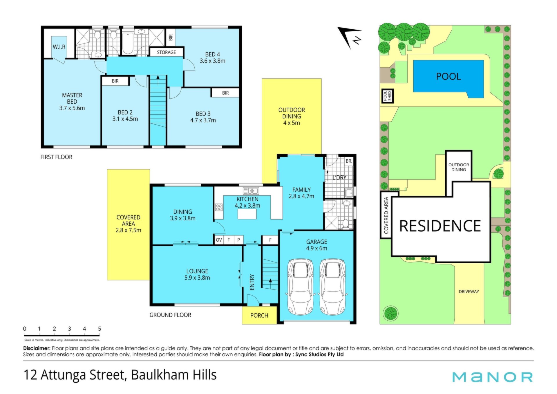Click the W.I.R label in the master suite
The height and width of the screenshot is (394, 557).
pos(59,47)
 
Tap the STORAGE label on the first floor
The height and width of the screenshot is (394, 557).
pos(166,52)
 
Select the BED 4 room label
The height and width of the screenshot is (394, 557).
pos(212,57)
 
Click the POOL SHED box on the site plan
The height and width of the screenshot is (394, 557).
pos(387,96)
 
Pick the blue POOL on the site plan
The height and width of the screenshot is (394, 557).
pos(448,79)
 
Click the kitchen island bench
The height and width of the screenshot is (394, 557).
pos(247,214)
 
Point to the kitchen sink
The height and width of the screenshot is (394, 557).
pos(251,191)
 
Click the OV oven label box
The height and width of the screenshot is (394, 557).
pos(219,240)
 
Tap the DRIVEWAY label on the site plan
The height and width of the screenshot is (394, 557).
pos(469,292)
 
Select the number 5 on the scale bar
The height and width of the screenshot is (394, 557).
pos(100,329)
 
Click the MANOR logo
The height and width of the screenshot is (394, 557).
pos(493,377)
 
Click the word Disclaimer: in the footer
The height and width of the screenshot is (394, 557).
pos(37,348)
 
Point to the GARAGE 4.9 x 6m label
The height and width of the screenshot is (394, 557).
pos(317,245)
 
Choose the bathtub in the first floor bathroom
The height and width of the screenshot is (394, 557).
pos(128,44)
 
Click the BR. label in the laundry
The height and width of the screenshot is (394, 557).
pos(349,161)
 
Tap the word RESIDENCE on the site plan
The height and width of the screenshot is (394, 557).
pos(440,226)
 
